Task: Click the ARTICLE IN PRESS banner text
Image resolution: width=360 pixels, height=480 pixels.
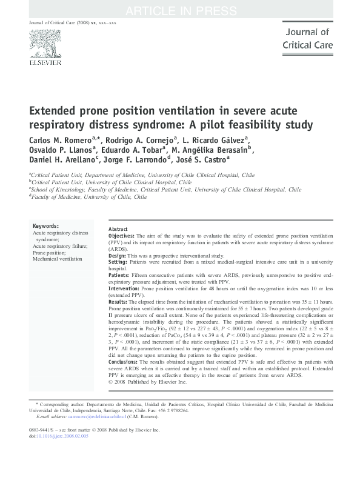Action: [179, 11]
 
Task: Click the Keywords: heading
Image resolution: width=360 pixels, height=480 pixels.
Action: [45, 225]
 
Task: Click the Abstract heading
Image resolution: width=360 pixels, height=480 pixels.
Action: [118, 229]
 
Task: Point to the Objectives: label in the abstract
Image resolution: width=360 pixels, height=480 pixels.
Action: [122, 235]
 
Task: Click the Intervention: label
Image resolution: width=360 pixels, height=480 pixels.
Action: [124, 288]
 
